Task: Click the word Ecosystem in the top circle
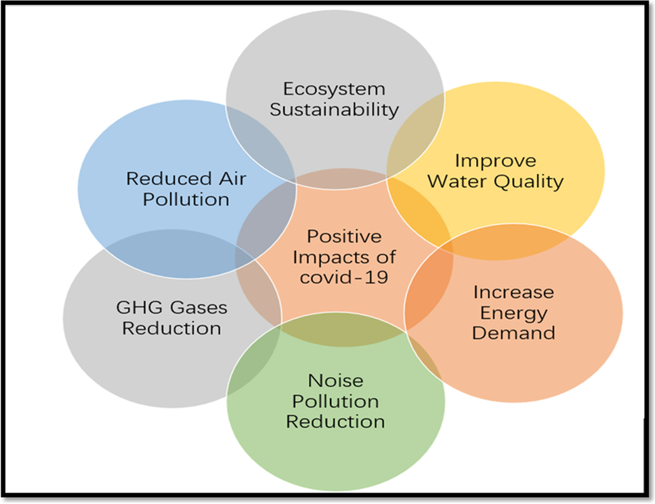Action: click(334, 89)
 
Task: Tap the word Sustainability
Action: click(334, 110)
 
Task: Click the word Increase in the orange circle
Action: click(513, 292)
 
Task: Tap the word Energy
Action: click(513, 312)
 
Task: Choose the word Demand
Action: click(513, 333)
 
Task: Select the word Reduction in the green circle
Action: click(335, 421)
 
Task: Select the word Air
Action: click(230, 179)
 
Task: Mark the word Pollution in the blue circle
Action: click(186, 199)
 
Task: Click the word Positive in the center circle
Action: click(343, 237)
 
